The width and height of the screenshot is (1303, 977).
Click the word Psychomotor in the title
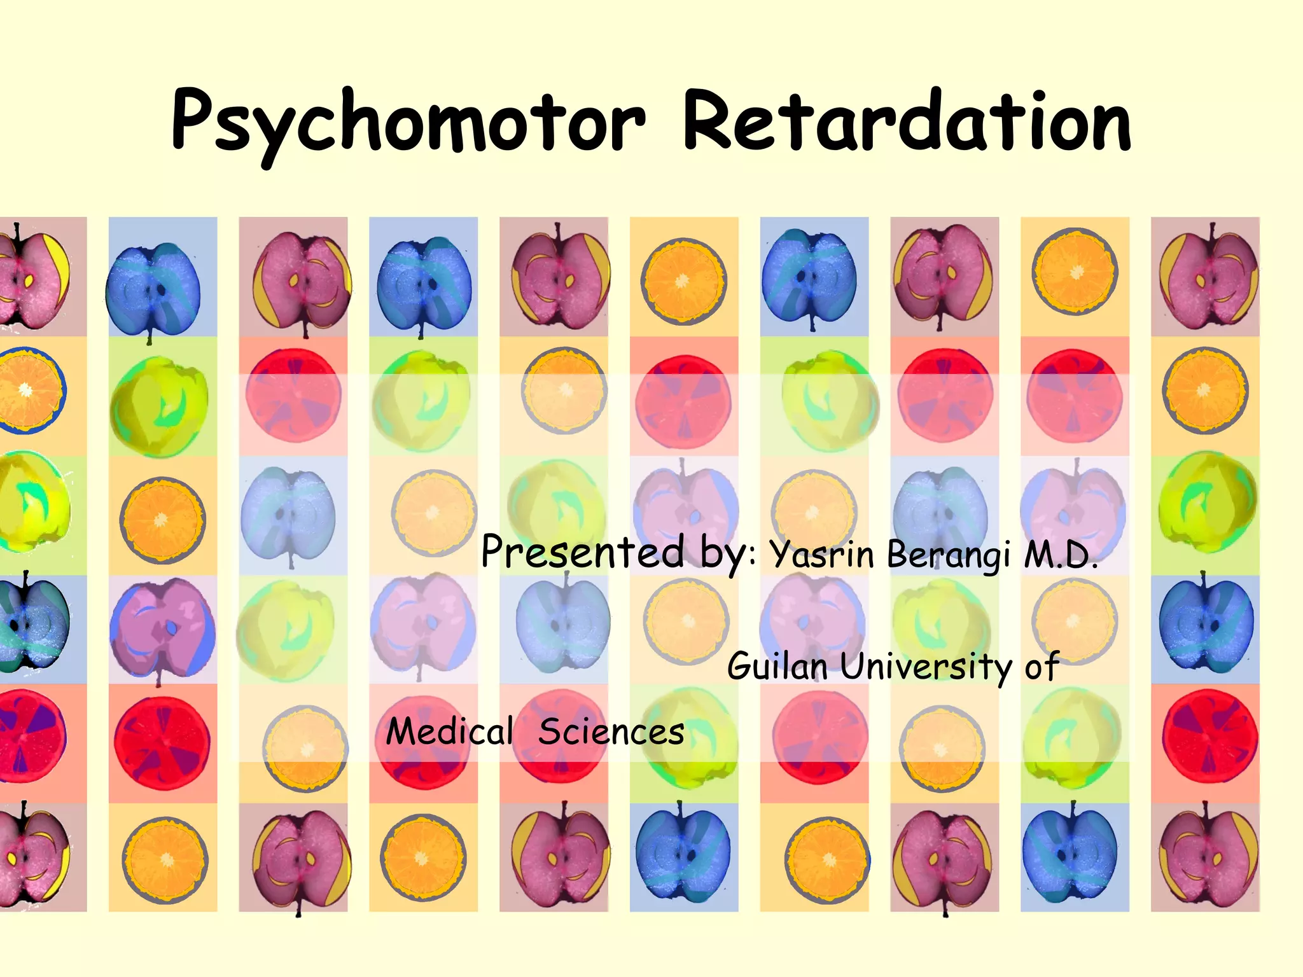pyautogui.click(x=407, y=122)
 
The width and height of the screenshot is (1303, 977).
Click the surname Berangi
pyautogui.click(x=948, y=555)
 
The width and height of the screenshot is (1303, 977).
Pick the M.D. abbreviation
pyautogui.click(x=1061, y=555)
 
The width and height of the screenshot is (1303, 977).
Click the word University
pyautogui.click(x=926, y=667)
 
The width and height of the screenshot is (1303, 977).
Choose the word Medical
pyautogui.click(x=449, y=731)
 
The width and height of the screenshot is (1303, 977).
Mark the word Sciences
pyautogui.click(x=611, y=731)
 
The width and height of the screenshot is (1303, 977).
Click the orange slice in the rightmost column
pyautogui.click(x=1205, y=390)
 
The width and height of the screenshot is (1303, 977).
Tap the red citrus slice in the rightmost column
pyautogui.click(x=1209, y=737)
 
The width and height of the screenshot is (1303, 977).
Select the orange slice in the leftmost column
pyautogui.click(x=29, y=390)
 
